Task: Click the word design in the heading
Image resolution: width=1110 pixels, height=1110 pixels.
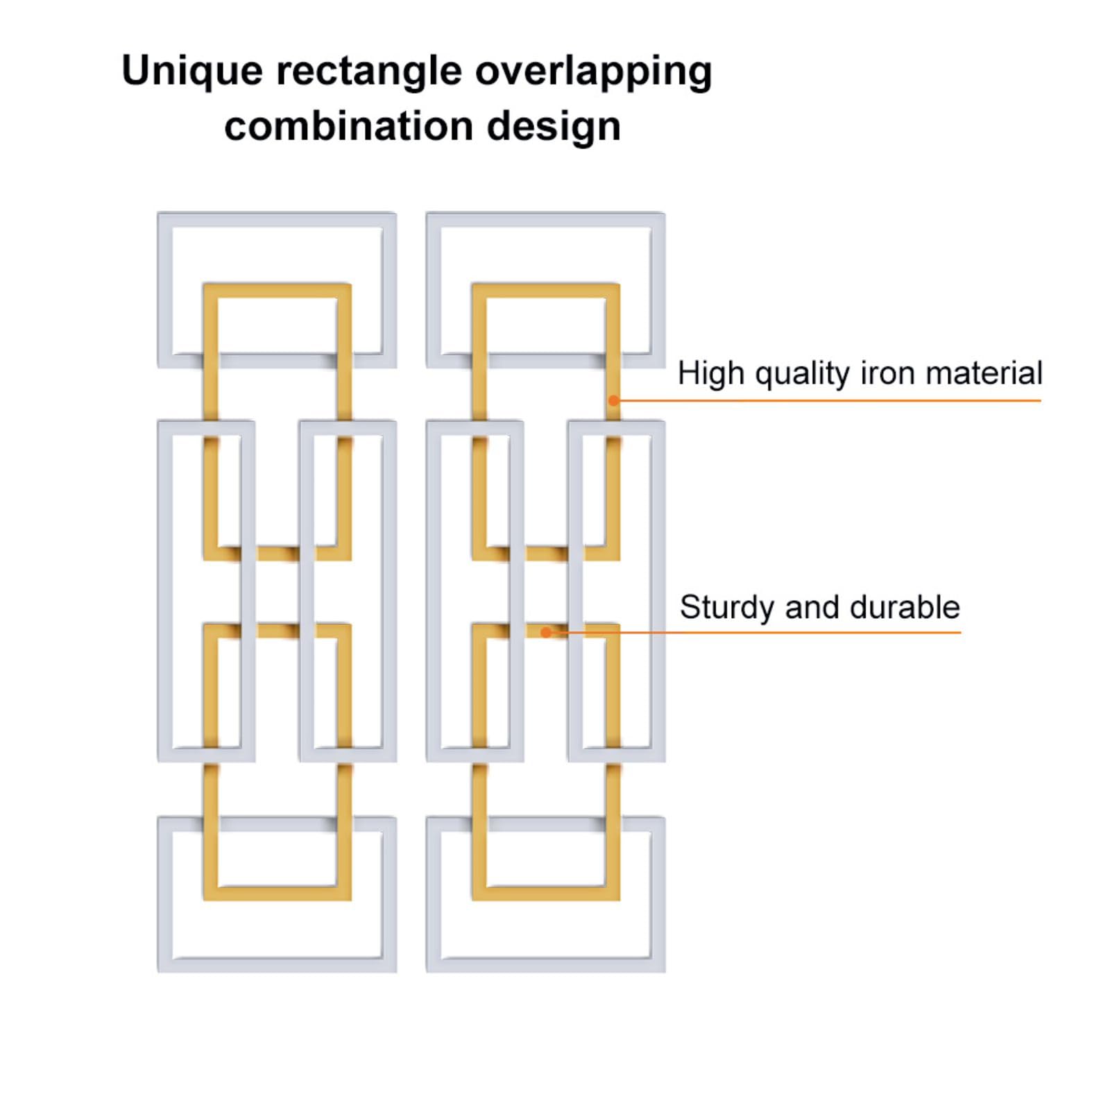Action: coord(554,127)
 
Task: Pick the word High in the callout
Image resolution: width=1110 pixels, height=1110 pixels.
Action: coord(711,373)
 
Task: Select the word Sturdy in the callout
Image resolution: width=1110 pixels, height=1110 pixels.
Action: coord(726,608)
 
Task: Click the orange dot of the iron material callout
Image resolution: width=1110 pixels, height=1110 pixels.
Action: coord(613,400)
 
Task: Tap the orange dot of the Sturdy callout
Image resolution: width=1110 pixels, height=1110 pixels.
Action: coord(546,632)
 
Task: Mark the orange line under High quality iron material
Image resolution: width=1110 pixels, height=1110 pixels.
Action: coord(832,400)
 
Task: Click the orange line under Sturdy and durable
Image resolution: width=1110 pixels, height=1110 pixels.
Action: coord(763,632)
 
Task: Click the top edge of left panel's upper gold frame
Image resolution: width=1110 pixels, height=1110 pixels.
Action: coord(277,290)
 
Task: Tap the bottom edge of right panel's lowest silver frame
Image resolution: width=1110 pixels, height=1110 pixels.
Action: coord(545,964)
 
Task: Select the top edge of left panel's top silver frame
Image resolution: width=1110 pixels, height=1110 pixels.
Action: coord(277,219)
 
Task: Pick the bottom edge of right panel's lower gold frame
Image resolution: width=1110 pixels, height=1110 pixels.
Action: coord(545,894)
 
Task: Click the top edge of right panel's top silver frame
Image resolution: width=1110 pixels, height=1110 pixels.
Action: coord(545,219)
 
